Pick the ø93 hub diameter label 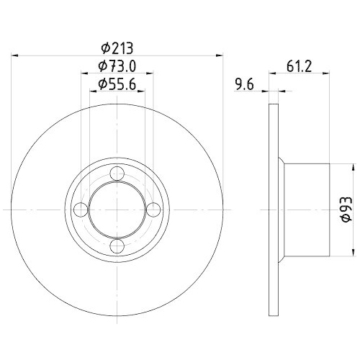346,209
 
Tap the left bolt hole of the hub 82,210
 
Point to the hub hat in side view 306,209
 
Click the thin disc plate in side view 274,209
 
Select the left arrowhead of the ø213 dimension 16,55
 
